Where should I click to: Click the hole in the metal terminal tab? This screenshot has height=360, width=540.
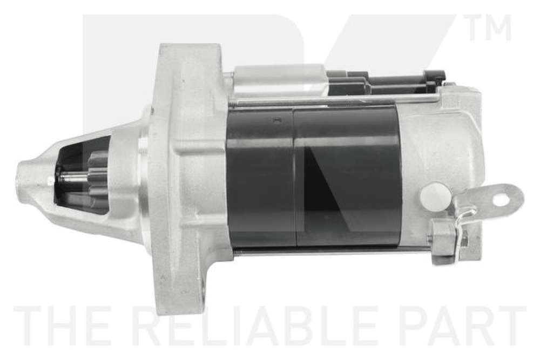pyautogui.click(x=501, y=199)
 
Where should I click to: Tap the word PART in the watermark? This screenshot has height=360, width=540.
pyautogui.click(x=463, y=325)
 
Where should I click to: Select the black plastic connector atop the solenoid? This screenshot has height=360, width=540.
pyautogui.click(x=386, y=83)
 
